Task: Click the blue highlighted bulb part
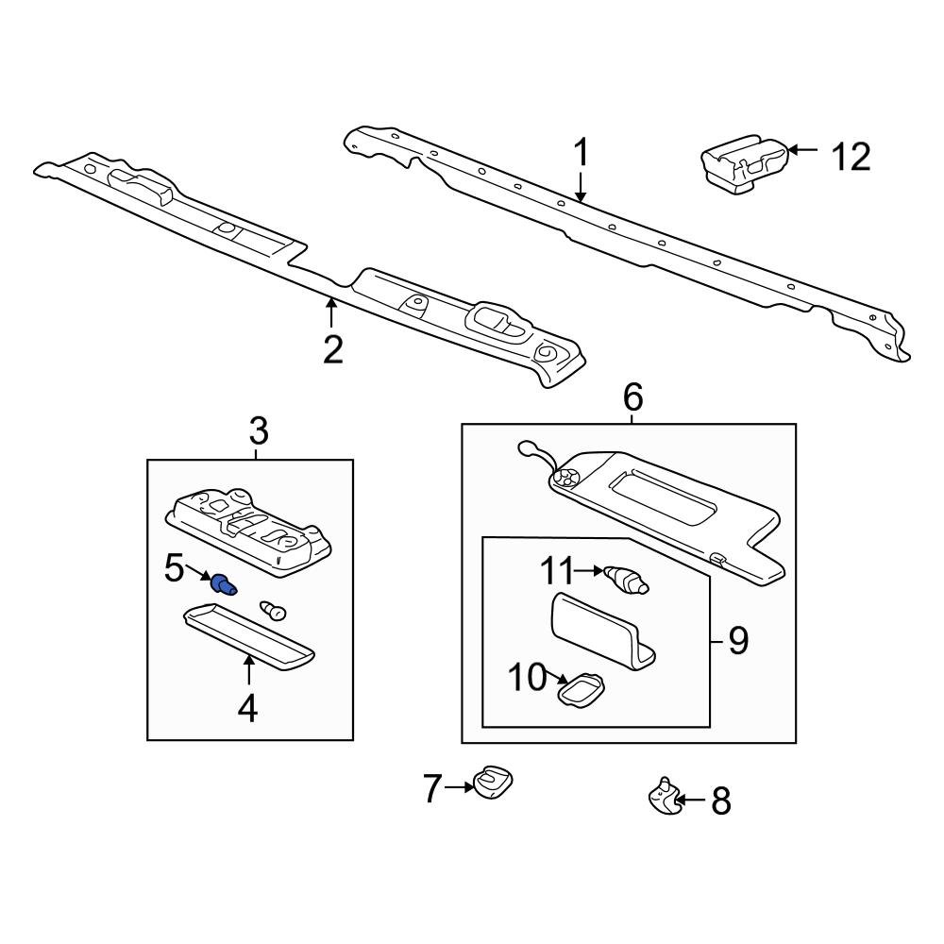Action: click(x=224, y=585)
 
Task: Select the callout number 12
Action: click(x=850, y=157)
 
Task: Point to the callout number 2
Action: click(x=332, y=348)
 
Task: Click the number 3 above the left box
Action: click(x=259, y=432)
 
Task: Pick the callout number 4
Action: click(x=247, y=707)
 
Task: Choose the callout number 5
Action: click(x=176, y=568)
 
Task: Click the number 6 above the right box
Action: click(x=632, y=397)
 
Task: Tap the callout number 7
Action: click(x=432, y=787)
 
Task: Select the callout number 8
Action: click(x=720, y=801)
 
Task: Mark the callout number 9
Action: click(x=737, y=642)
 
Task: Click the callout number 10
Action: click(x=527, y=676)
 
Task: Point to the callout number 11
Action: click(x=557, y=570)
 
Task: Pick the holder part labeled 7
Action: click(x=493, y=782)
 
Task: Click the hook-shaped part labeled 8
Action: click(x=663, y=798)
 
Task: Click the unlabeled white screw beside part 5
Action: click(x=274, y=611)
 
